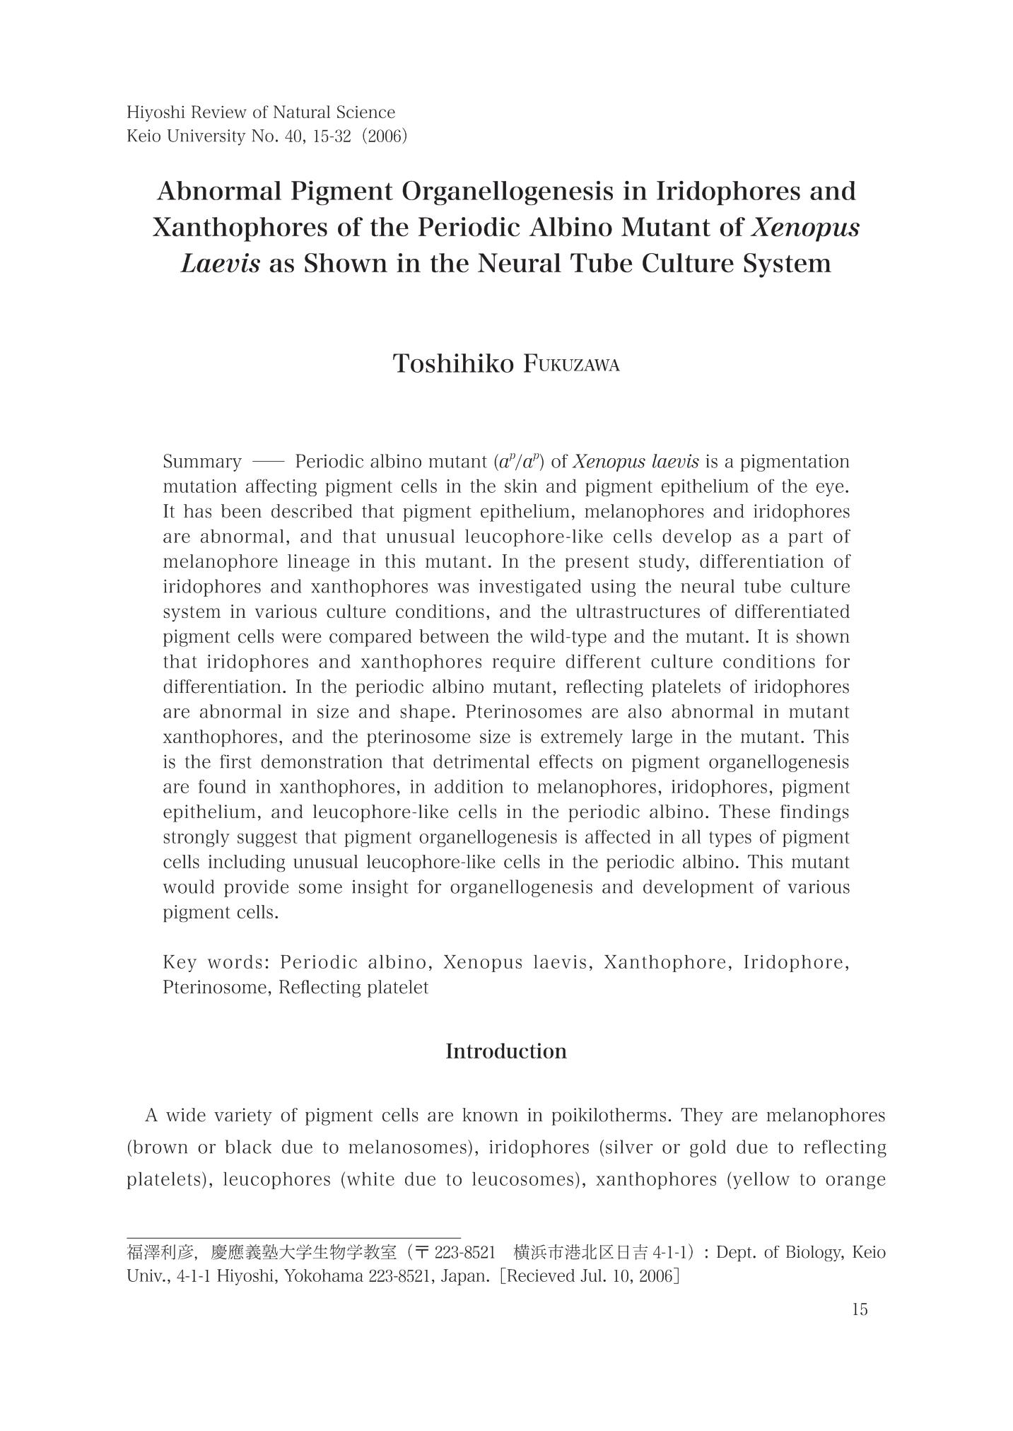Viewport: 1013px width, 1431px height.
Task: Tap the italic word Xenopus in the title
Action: tap(805, 228)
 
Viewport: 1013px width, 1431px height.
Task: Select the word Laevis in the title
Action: tap(220, 264)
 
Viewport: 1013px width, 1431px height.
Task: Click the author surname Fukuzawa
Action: tap(572, 365)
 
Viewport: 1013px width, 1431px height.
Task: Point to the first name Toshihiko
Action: tap(453, 364)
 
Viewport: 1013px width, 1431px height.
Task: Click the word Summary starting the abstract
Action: tap(202, 462)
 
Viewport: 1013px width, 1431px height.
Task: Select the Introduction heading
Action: tap(506, 1051)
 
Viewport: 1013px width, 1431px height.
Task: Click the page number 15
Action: tap(860, 1309)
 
